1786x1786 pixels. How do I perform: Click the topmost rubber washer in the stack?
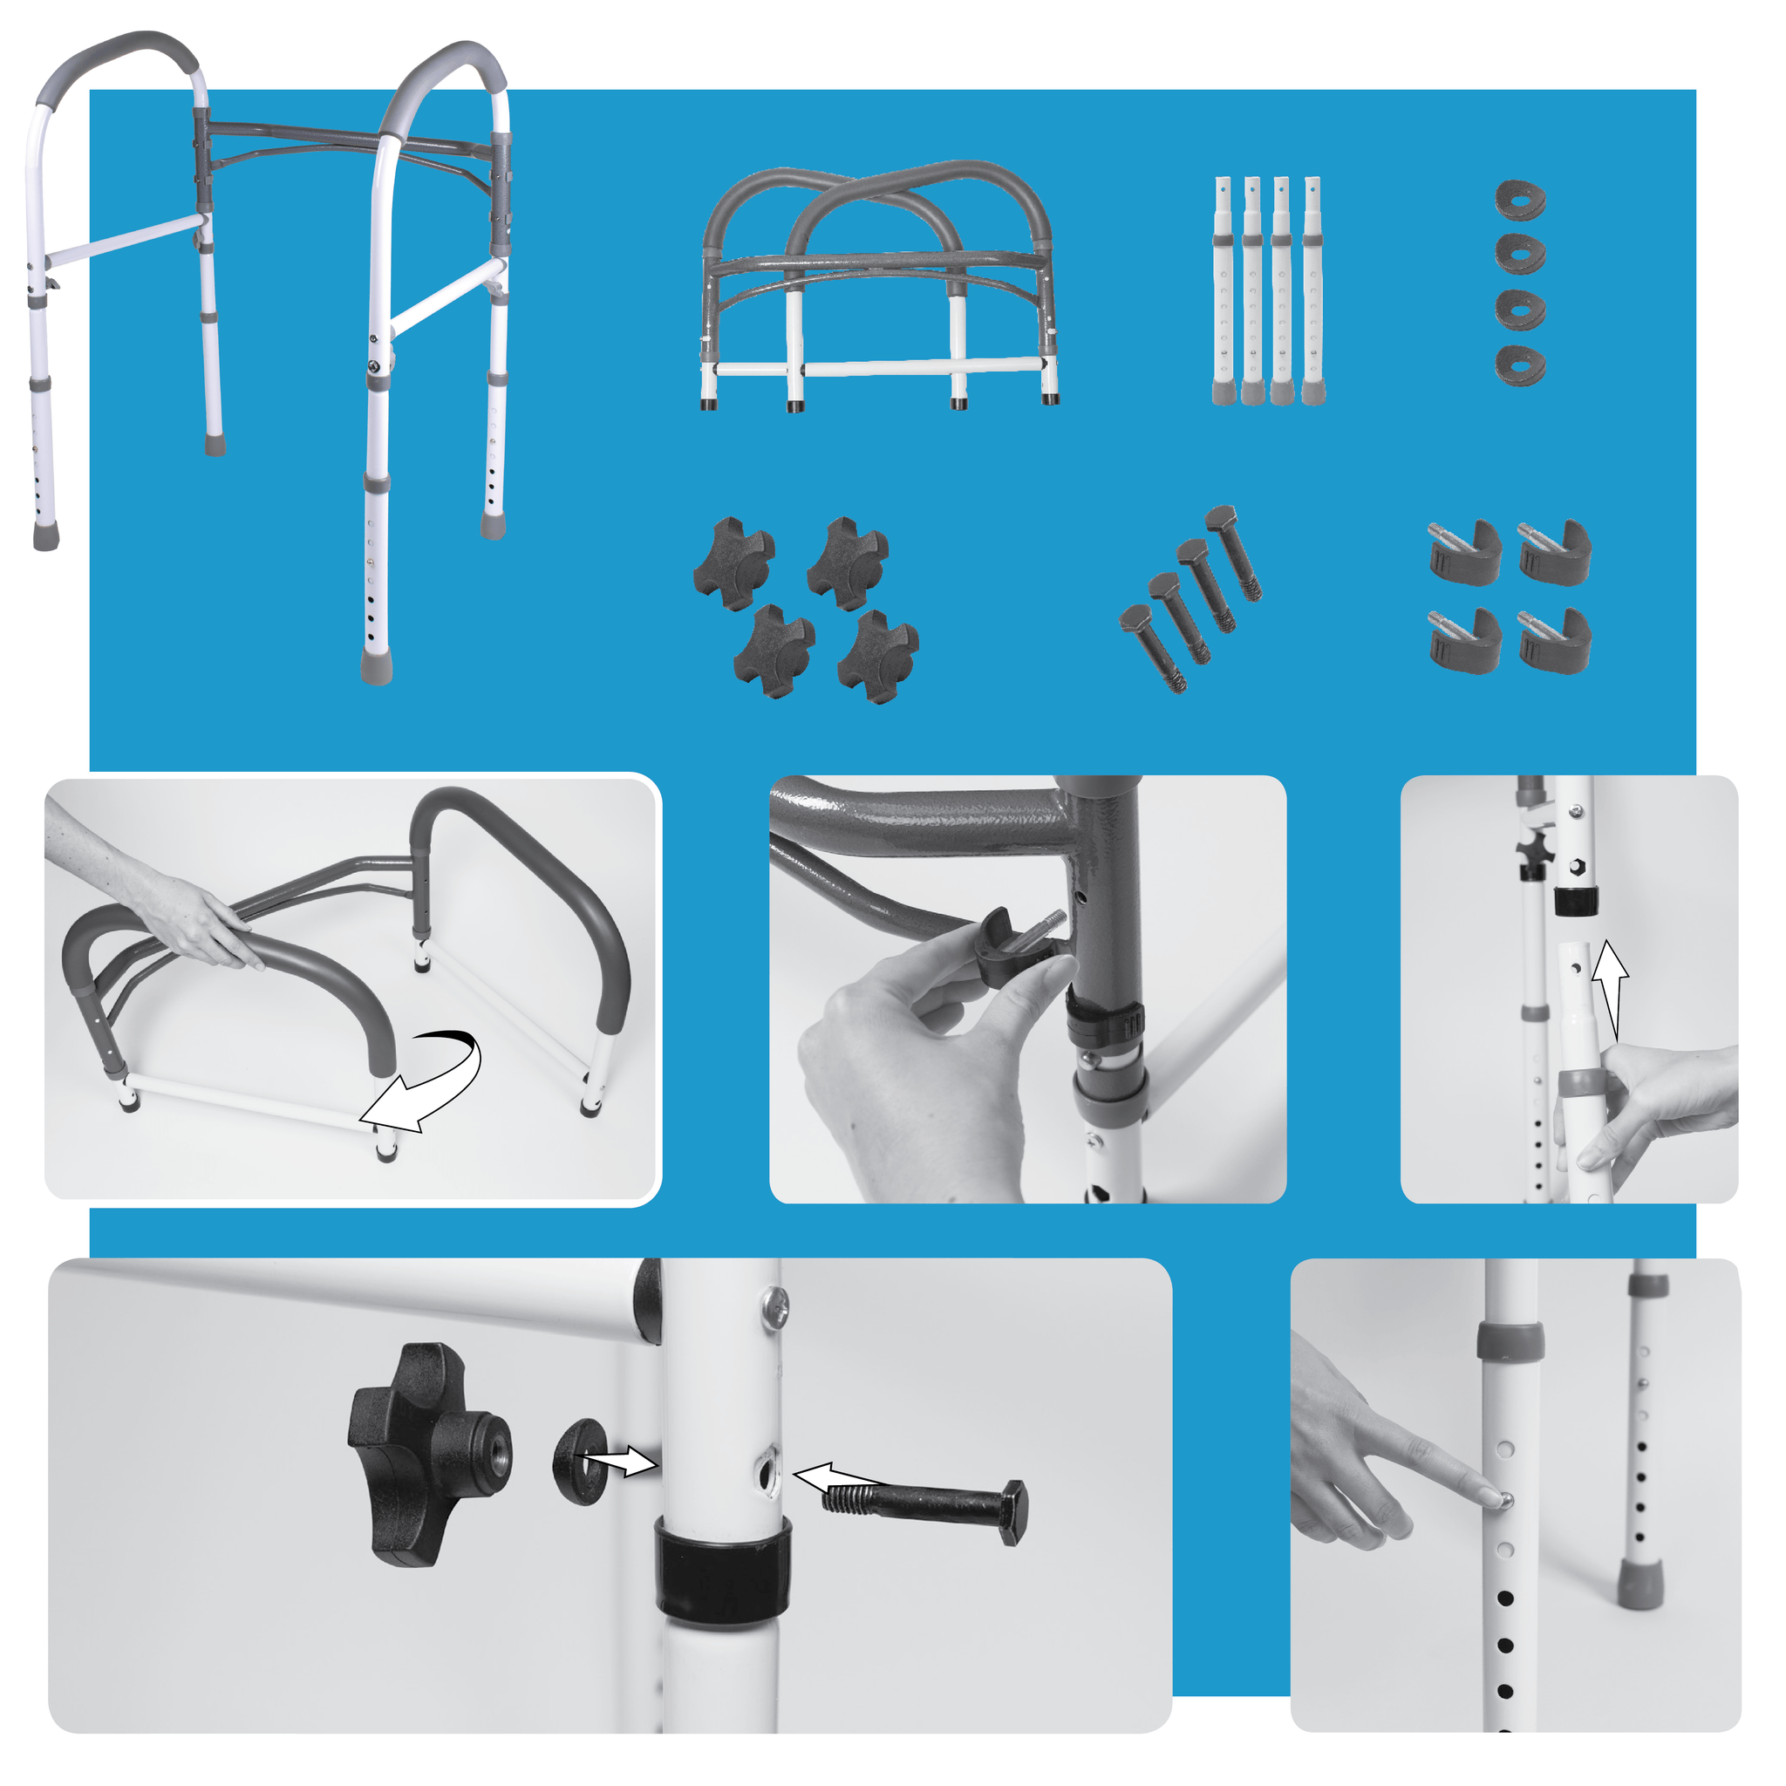click(x=1520, y=200)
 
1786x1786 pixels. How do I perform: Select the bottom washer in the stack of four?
click(x=1520, y=365)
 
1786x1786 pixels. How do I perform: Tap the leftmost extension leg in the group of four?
click(x=1223, y=291)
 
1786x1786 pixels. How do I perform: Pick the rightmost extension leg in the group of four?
click(x=1313, y=291)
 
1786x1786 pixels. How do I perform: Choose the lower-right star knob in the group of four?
click(x=877, y=657)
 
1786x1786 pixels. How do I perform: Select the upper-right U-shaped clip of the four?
click(x=1555, y=553)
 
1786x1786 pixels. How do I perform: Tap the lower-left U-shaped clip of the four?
click(x=1464, y=641)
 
